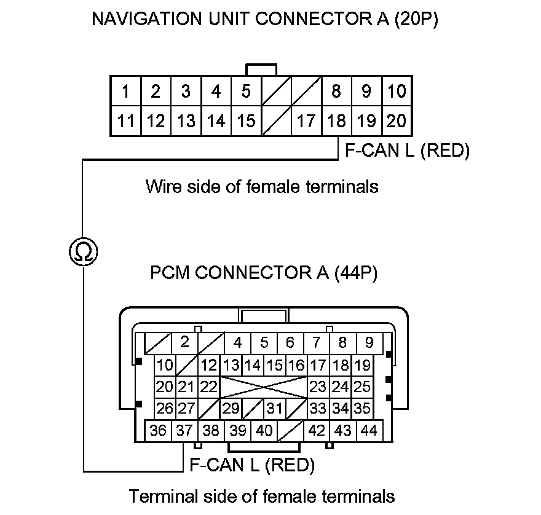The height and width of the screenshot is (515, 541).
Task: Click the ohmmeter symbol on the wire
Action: coord(82,251)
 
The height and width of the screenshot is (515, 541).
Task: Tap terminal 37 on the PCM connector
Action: coord(184,431)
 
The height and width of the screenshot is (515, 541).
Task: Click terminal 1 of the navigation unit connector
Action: coord(125,92)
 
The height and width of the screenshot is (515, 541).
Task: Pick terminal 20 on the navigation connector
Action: coord(397,121)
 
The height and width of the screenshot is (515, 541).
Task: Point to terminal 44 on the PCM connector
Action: coord(369,431)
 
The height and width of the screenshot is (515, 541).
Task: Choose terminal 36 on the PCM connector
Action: coord(158,431)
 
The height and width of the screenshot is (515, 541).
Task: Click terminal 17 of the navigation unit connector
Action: coord(306,121)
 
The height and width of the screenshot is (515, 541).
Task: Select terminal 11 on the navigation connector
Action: coord(125,121)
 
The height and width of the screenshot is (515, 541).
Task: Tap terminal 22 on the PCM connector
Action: coord(209,387)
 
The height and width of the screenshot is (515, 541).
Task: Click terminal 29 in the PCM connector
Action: coord(231,408)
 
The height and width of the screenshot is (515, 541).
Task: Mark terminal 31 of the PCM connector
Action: coord(275,408)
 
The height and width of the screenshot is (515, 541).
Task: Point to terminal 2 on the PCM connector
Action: coord(184,342)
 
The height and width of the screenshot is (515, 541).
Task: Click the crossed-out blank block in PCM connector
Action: coord(263,387)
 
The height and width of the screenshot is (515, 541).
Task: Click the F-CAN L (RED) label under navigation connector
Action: coord(406,151)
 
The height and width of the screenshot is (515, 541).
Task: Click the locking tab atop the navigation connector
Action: coord(261,69)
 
